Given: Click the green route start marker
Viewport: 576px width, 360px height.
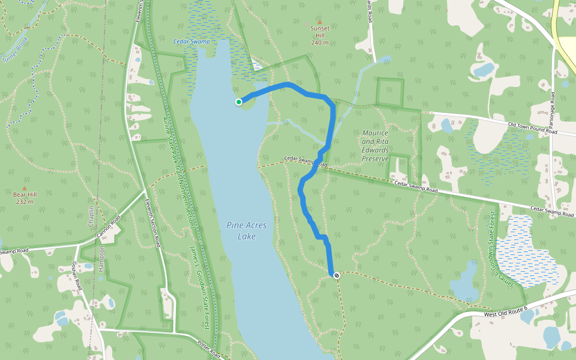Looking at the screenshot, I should [239, 102].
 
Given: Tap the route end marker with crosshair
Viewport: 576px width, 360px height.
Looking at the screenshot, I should [337, 275].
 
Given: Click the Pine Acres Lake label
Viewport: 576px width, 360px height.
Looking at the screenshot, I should [246, 230].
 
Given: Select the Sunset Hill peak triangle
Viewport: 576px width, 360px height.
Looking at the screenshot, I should [319, 22].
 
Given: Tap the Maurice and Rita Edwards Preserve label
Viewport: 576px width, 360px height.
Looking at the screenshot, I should [376, 146].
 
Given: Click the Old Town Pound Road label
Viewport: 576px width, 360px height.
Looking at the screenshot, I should [533, 128].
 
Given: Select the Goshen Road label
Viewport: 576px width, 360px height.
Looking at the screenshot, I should [77, 277].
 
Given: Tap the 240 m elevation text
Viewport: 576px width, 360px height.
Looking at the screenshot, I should [319, 43].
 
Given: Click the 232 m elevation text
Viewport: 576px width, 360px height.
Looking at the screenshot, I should [25, 202].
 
